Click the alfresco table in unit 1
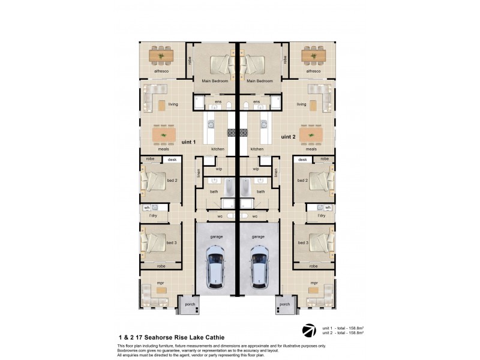point(161,56)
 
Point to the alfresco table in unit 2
point(314,56)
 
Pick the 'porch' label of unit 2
point(285,304)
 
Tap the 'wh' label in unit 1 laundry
point(146,208)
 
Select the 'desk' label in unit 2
point(302,160)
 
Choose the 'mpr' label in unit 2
point(314,282)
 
